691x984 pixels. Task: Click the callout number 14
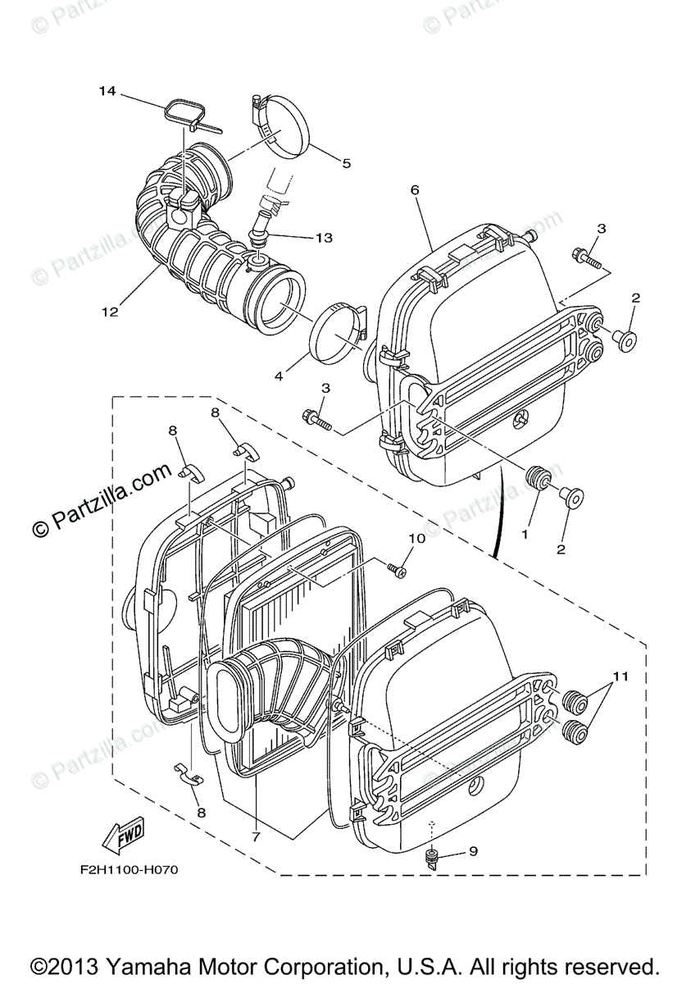tap(108, 91)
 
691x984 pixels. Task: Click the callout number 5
tap(347, 163)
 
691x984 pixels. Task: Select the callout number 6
tap(415, 189)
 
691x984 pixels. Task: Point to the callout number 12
tap(110, 312)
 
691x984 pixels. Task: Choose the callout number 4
tap(279, 376)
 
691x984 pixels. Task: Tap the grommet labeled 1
tap(539, 478)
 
